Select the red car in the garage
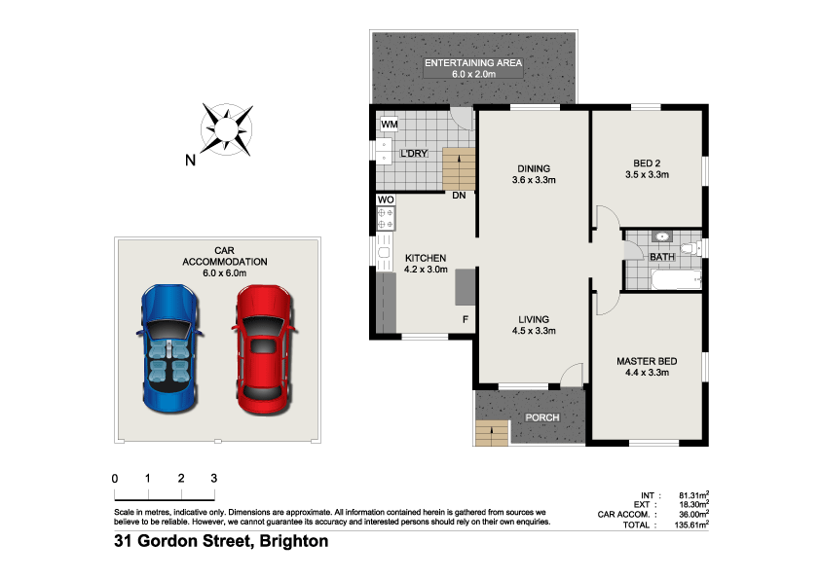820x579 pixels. [263, 344]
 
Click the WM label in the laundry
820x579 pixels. [389, 125]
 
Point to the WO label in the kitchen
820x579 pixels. [386, 200]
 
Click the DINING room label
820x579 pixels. [533, 167]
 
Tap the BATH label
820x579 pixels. [661, 258]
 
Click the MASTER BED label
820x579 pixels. [646, 361]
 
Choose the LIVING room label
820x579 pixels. [533, 319]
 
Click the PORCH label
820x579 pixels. [542, 418]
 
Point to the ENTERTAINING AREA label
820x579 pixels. [472, 63]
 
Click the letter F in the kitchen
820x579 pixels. [466, 319]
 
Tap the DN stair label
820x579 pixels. [458, 196]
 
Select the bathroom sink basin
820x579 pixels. [661, 236]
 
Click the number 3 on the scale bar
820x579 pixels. [213, 479]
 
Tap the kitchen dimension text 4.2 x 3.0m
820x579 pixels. [426, 270]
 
